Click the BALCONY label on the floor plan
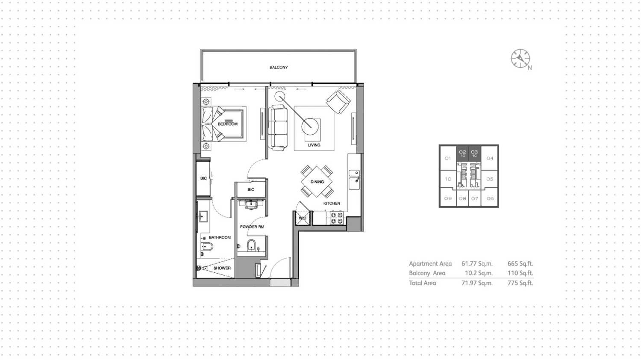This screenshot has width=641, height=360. (x=279, y=68)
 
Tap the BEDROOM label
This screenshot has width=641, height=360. (x=227, y=124)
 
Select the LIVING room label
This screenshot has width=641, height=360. (x=314, y=145)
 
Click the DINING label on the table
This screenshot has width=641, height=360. (x=317, y=182)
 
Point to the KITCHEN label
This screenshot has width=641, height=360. (x=332, y=204)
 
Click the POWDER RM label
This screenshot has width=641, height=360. (x=252, y=227)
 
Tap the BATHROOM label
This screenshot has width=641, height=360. (x=220, y=238)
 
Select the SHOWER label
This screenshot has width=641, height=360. (x=222, y=268)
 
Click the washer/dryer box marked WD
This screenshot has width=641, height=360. (x=303, y=218)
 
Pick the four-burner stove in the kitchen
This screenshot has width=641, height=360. (x=337, y=218)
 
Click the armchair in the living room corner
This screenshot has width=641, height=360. (x=338, y=101)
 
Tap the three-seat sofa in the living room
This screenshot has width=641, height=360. (x=278, y=127)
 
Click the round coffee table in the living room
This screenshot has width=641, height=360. (x=310, y=126)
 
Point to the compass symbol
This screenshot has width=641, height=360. (x=520, y=59)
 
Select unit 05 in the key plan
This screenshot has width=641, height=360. (x=490, y=179)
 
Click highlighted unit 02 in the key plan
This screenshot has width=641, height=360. (x=462, y=153)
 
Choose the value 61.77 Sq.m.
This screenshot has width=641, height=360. (x=477, y=264)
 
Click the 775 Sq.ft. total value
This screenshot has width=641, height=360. (x=520, y=283)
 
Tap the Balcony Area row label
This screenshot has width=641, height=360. (x=427, y=273)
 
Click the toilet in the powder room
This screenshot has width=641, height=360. (x=251, y=245)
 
